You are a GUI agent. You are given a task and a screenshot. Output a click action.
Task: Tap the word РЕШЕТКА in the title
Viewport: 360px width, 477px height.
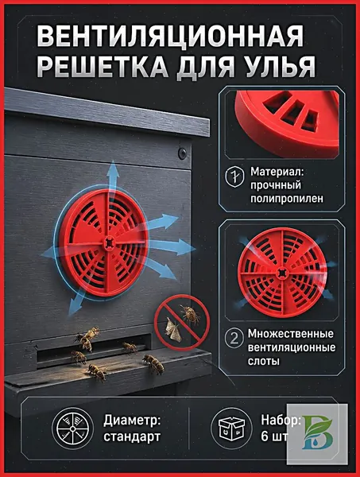(103, 66)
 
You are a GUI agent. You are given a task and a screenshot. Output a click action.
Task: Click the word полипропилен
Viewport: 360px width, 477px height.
(287, 198)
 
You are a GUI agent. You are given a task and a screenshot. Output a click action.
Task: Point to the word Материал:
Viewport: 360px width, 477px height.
(277, 171)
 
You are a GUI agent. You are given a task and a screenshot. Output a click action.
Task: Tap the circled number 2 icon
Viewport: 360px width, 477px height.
(234, 339)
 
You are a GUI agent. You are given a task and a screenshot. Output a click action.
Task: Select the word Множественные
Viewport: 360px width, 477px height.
(290, 333)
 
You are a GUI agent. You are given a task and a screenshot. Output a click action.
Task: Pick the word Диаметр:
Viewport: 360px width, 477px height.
(132, 421)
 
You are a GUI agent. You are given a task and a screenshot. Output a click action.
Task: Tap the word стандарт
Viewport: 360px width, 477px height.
(132, 436)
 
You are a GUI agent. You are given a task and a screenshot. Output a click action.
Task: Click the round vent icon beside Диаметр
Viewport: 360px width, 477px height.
(72, 429)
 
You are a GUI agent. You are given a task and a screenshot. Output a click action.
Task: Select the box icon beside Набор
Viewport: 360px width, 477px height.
(232, 429)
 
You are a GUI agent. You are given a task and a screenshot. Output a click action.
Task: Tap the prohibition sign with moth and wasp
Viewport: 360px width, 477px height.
(182, 323)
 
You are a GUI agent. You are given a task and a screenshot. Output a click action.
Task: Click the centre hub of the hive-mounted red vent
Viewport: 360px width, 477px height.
(109, 242)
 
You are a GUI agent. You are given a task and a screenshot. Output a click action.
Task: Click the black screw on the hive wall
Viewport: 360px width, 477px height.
(183, 153)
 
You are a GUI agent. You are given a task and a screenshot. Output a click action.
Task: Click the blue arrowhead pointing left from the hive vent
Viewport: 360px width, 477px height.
(46, 252)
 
